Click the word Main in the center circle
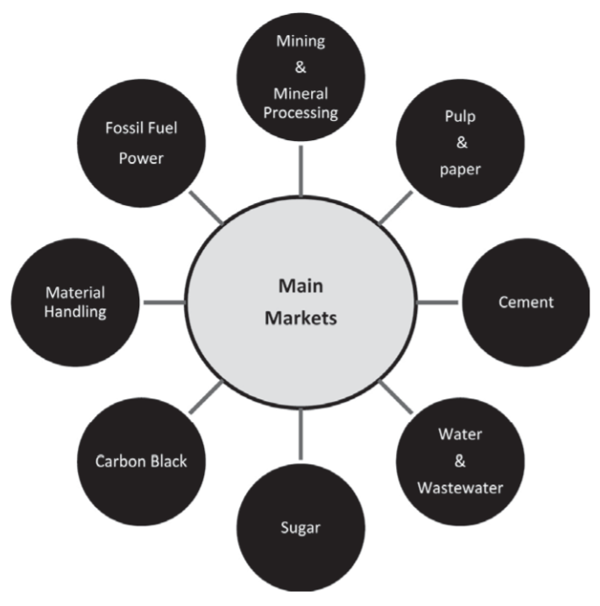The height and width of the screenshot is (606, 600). (300, 287)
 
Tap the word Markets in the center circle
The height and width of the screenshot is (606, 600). (300, 319)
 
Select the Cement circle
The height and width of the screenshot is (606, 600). (526, 303)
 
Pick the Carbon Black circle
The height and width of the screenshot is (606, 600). (141, 461)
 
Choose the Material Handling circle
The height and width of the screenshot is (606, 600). (75, 302)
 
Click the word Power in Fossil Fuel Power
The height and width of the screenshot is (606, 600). (141, 159)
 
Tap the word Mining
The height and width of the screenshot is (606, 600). (300, 40)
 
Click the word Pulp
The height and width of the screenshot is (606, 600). (461, 115)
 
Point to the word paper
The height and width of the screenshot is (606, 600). (461, 169)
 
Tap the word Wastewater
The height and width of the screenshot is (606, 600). (461, 487)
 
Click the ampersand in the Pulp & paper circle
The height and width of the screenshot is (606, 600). (461, 142)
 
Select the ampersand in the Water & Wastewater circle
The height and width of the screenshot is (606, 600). (461, 461)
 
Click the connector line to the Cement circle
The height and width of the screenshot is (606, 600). (438, 303)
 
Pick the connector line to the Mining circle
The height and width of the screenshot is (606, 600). (300, 170)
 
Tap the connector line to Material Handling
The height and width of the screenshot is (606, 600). (163, 303)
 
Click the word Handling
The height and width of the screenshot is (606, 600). (75, 313)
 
